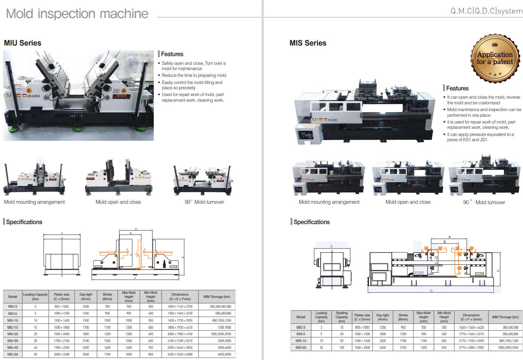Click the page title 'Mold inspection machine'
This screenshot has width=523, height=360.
(77, 14)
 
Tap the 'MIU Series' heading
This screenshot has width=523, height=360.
(23, 43)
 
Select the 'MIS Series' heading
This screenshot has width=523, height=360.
(308, 43)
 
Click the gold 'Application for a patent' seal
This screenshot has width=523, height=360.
(495, 58)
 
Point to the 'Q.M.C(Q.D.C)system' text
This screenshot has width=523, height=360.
(486, 11)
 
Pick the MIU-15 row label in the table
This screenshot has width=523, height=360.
(13, 327)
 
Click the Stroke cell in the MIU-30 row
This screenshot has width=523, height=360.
(107, 341)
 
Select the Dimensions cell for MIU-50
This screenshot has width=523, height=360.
(180, 354)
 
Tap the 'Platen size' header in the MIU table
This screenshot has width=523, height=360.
(61, 297)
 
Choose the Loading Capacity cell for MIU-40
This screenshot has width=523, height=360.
(35, 348)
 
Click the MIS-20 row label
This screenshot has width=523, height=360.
(301, 348)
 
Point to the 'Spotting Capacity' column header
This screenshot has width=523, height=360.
(342, 317)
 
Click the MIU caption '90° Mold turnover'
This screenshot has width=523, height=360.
(204, 202)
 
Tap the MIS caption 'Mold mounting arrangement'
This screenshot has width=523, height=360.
(329, 202)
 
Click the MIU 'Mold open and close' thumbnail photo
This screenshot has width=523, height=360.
(118, 177)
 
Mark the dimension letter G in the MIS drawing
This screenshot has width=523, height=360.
(431, 291)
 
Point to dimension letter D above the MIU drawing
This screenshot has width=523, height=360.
(62, 233)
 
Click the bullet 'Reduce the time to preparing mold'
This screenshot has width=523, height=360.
(194, 75)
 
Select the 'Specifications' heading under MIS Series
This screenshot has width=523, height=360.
(312, 222)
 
